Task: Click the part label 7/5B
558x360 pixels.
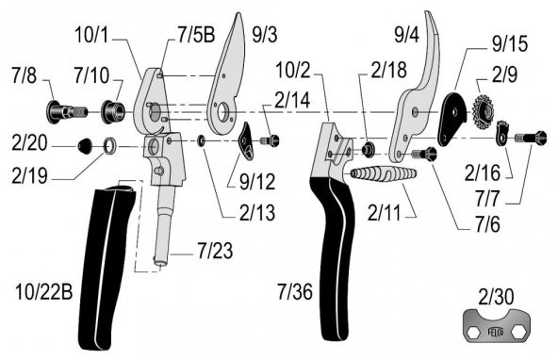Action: tap(196, 35)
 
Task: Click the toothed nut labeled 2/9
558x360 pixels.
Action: tap(484, 112)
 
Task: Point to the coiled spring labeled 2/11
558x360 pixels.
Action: tap(384, 174)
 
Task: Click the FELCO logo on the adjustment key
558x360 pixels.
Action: tap(496, 333)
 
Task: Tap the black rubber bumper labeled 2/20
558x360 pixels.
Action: tap(85, 146)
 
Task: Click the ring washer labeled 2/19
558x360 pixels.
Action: tap(109, 146)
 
